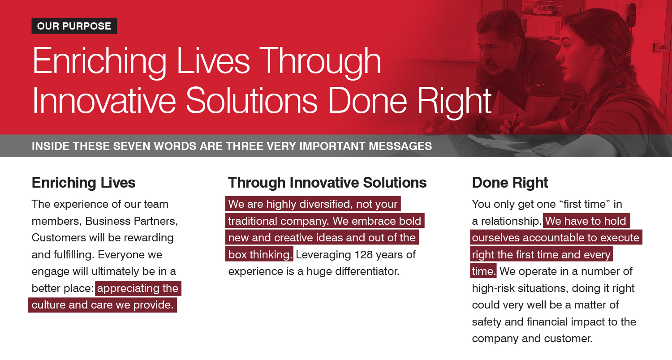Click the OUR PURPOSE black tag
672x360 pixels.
click(x=74, y=26)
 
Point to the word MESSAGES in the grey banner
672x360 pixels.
click(x=400, y=146)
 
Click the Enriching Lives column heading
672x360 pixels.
click(x=84, y=183)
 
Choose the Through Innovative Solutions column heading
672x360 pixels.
click(x=327, y=183)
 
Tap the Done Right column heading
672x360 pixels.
click(x=510, y=183)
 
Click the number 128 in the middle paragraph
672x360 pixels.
click(x=363, y=255)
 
